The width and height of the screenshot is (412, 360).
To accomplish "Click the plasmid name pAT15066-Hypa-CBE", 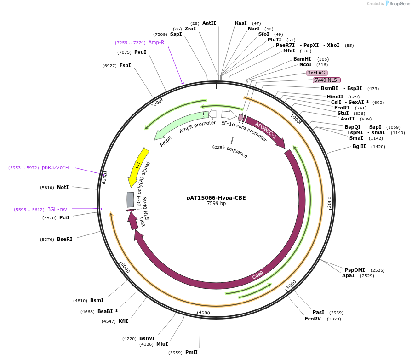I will tap(216, 198).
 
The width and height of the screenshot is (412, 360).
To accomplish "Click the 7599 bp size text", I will tap(216, 204).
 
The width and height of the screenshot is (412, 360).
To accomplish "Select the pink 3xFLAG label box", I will tap(317, 73).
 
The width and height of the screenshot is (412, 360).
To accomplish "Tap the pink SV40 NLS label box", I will tap(326, 80).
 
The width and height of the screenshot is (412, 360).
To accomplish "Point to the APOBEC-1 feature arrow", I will tap(266, 131).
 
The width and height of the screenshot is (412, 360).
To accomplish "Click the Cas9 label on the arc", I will tap(257, 275).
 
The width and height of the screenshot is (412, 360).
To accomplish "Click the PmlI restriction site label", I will tap(191, 352).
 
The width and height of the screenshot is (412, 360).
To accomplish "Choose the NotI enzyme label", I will tap(63, 187).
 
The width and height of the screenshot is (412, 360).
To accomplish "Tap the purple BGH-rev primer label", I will tap(57, 209).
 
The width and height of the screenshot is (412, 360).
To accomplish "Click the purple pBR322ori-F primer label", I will tap(56, 168).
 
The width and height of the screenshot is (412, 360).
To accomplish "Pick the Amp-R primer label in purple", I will tap(156, 42).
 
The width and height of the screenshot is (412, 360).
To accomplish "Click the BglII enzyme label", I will tap(359, 147).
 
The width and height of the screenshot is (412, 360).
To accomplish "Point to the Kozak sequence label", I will tap(229, 151).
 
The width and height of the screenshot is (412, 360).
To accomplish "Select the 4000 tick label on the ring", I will tap(204, 313).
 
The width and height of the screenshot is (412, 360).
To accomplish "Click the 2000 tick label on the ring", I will tap(329, 202).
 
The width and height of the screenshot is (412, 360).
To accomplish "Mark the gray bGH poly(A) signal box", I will tap(130, 200).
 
